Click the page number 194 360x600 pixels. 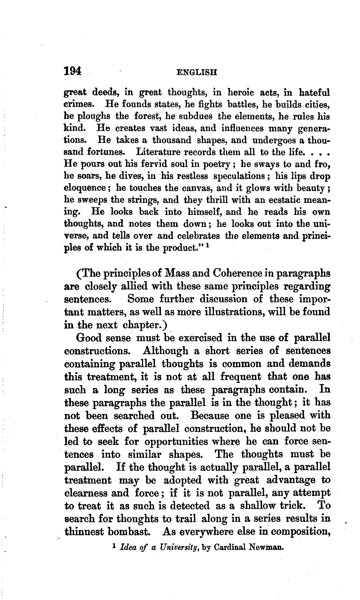point(73,71)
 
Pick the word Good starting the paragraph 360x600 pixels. point(89,338)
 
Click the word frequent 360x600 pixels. point(240,376)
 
